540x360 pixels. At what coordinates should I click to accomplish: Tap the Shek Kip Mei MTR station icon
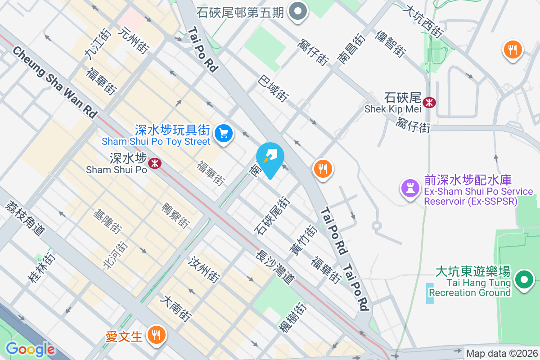point(430,103)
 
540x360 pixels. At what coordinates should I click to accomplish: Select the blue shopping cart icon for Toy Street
point(224,133)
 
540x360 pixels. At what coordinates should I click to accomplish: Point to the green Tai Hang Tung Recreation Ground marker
point(524,279)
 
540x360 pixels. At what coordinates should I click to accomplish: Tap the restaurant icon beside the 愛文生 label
point(156,335)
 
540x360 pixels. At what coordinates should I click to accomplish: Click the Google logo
point(30,349)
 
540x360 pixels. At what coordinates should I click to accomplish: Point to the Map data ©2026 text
point(501,354)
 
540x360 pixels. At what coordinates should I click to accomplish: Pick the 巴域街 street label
point(273,88)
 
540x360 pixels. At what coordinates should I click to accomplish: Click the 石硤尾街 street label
point(271,216)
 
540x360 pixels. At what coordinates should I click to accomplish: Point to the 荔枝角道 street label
point(25,218)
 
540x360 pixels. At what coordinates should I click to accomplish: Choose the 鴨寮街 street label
point(175,215)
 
